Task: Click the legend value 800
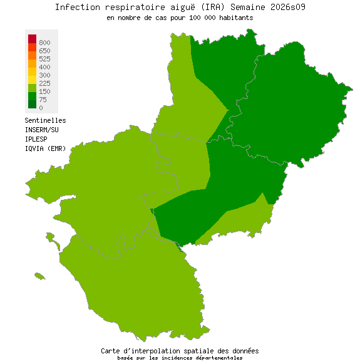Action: pos(44,42)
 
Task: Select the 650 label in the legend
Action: pos(44,50)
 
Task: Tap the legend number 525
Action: pos(44,59)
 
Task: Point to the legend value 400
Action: pos(44,67)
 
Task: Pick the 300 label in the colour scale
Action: pos(44,75)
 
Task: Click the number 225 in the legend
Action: pos(44,83)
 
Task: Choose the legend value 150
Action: pos(44,91)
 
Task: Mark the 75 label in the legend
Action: pos(42,100)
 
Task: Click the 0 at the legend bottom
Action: pos(41,108)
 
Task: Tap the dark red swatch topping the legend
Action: pos(32,39)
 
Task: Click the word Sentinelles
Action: pos(45,120)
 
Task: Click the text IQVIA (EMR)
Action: pos(45,148)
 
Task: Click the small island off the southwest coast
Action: pos(40,276)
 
